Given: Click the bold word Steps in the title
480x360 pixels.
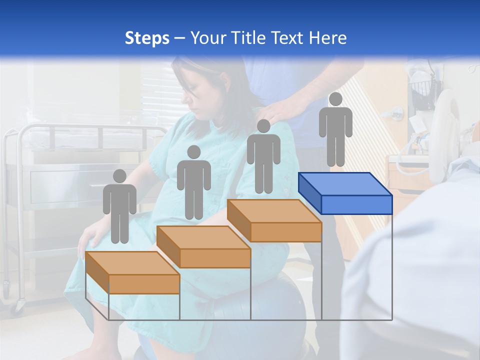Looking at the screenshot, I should pyautogui.click(x=147, y=38).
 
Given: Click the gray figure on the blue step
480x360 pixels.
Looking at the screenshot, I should pyautogui.click(x=335, y=132).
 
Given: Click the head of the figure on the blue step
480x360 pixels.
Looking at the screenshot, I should pyautogui.click(x=335, y=99).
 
